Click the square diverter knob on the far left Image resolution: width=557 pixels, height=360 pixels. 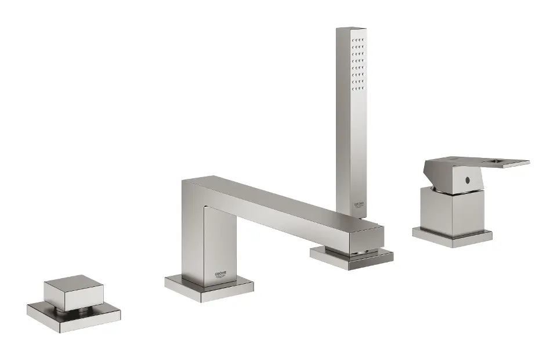73,294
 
